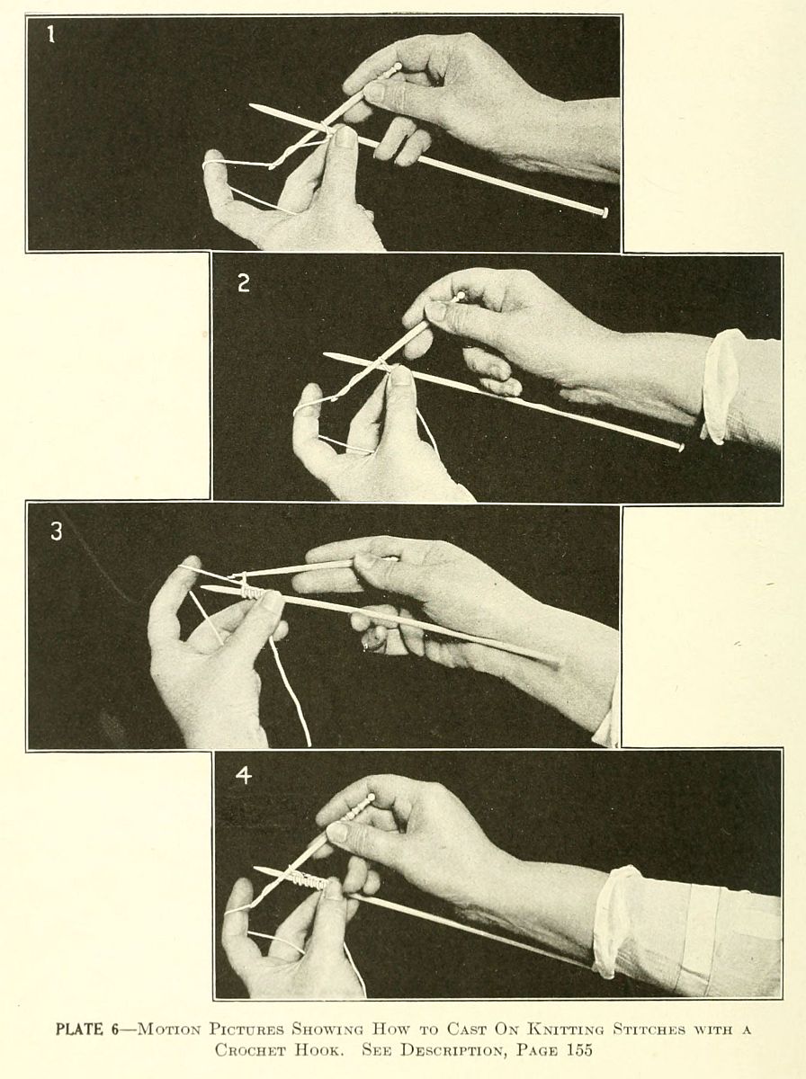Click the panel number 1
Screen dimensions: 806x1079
tap(50, 34)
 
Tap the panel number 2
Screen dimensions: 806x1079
tap(244, 283)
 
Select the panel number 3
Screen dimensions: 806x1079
tap(57, 531)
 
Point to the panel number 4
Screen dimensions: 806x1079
tap(244, 776)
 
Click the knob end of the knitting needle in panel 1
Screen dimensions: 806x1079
tap(604, 212)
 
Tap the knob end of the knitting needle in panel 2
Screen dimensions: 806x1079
tap(680, 447)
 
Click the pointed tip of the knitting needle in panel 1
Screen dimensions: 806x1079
tap(251, 105)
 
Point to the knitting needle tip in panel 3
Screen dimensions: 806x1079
tap(202, 587)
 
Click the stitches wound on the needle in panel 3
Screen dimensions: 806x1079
tap(252, 593)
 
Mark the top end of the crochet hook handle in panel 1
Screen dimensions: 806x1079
tap(397, 67)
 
